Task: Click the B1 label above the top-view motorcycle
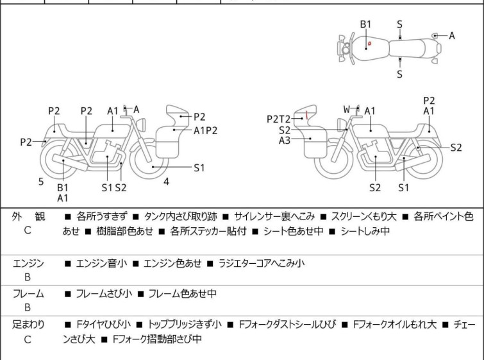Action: [365, 24]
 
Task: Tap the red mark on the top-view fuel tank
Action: [369, 44]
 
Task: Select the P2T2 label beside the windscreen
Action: [279, 119]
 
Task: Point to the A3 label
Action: [285, 140]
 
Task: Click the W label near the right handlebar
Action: [347, 110]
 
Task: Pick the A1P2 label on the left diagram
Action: [206, 130]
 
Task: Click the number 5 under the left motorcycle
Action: [41, 182]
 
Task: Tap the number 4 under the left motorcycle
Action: [166, 182]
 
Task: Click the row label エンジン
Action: [28, 263]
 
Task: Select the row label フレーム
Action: [28, 294]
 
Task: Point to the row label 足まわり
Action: [28, 325]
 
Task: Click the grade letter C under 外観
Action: [28, 231]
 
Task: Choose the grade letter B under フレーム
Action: [28, 308]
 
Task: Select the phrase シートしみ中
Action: [365, 231]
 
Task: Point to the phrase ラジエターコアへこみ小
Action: [262, 263]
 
